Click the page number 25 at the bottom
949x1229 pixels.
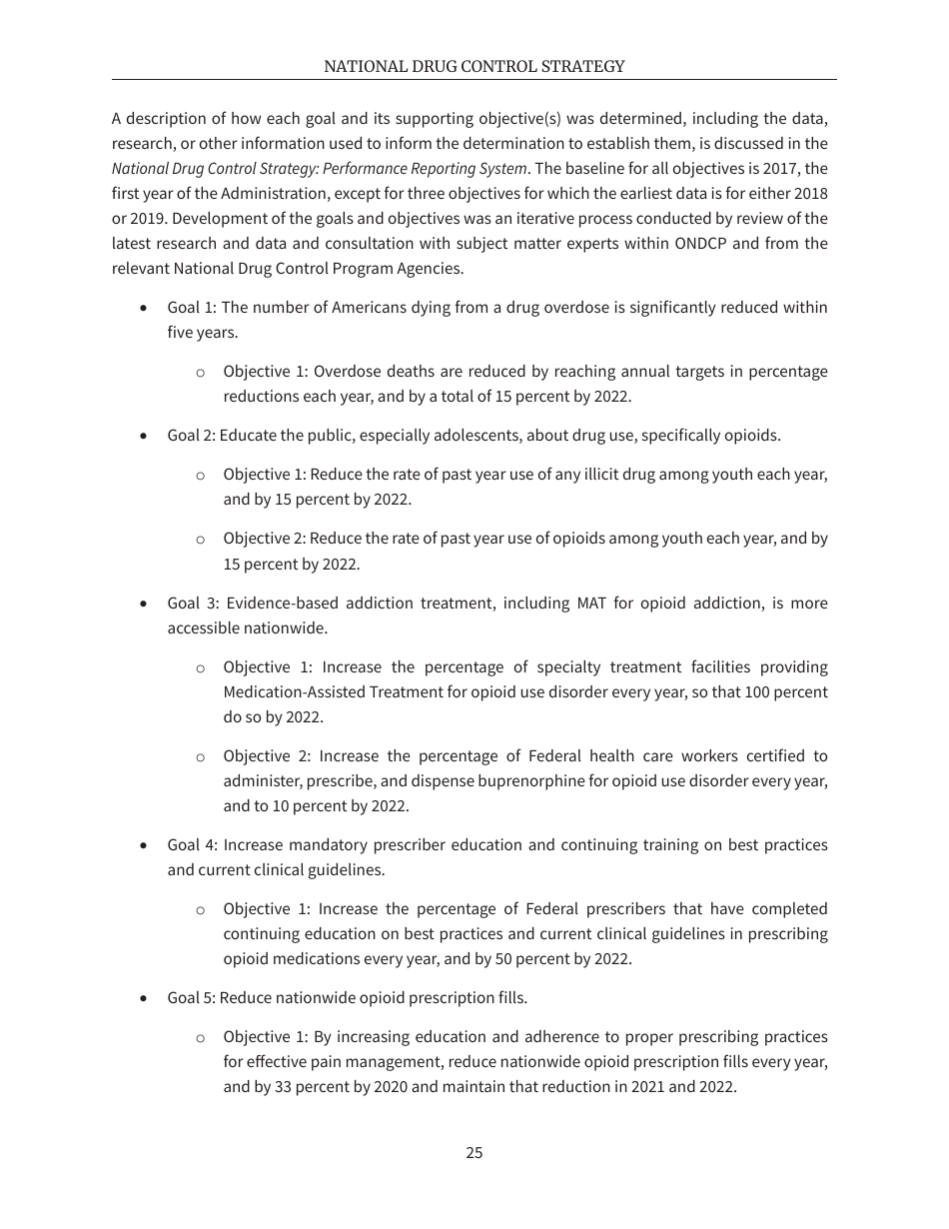point(474,1152)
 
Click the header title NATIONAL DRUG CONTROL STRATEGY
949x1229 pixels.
point(474,67)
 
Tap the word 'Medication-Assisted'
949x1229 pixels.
point(293,692)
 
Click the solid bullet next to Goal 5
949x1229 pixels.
point(146,998)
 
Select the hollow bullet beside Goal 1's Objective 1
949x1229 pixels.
point(201,372)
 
